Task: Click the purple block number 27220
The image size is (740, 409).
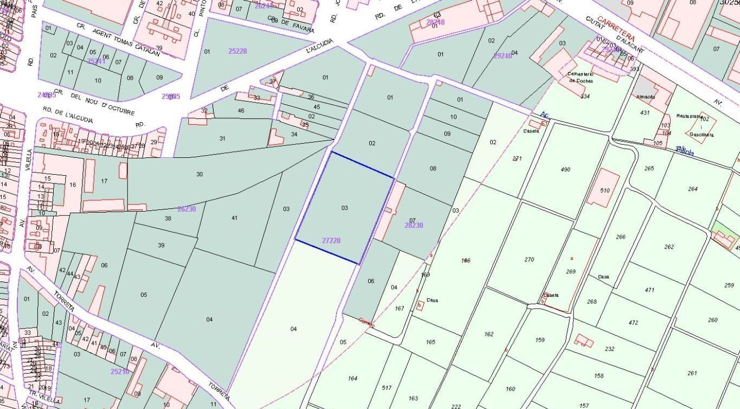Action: coord(331,240)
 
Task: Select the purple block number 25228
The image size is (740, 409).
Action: coord(237,51)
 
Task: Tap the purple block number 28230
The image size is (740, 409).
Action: coord(414,225)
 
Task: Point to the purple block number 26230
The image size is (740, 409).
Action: coord(186,209)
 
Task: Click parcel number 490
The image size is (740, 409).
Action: coord(565,170)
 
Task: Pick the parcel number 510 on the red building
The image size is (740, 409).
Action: coord(605,190)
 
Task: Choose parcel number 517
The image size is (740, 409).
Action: coord(387,388)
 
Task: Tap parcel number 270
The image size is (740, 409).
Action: coord(529,260)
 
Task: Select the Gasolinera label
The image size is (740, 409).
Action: coord(702,135)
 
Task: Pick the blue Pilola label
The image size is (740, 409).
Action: coord(685,152)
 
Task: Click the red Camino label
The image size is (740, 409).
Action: coord(367,323)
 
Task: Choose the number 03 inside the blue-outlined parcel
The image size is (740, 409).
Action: coord(345,208)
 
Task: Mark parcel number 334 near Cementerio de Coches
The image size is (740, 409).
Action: coord(585,97)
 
